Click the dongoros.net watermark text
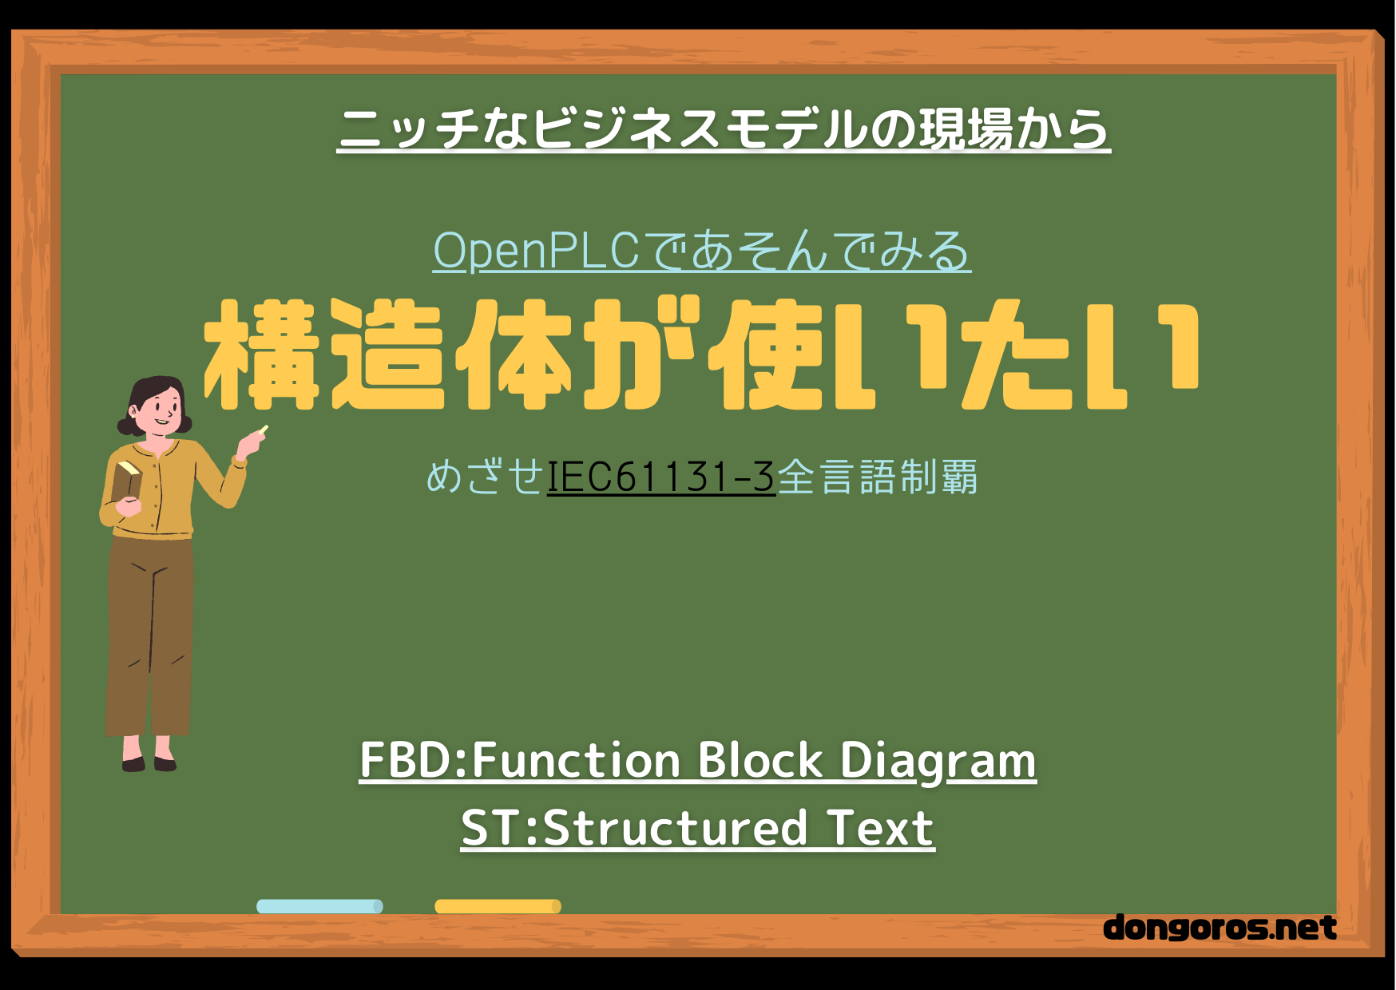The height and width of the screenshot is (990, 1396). pyautogui.click(x=1220, y=927)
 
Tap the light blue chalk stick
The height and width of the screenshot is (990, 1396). pyautogui.click(x=319, y=906)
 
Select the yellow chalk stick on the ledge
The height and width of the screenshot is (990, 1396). pyautogui.click(x=498, y=906)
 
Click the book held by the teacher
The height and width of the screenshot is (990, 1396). pyautogui.click(x=126, y=482)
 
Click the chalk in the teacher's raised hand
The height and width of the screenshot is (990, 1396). pyautogui.click(x=263, y=430)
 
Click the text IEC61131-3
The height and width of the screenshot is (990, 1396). pyautogui.click(x=661, y=477)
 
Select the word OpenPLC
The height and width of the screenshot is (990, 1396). pyautogui.click(x=536, y=251)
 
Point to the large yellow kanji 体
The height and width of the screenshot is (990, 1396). pyautogui.click(x=514, y=354)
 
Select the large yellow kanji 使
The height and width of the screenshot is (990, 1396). pyautogui.click(x=766, y=354)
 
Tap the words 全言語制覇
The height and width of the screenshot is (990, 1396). pyautogui.click(x=877, y=477)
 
